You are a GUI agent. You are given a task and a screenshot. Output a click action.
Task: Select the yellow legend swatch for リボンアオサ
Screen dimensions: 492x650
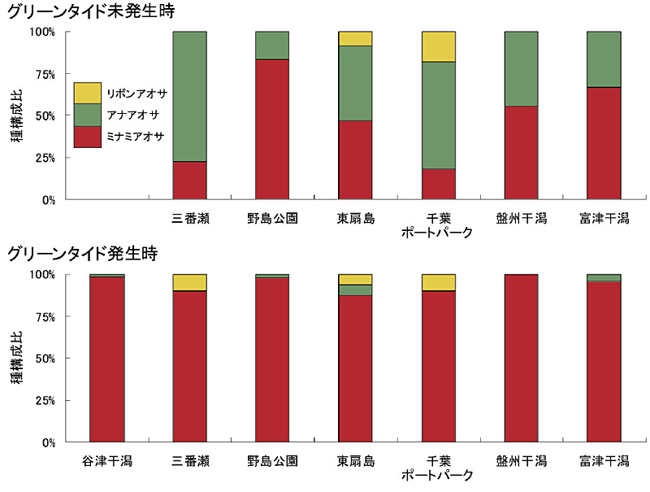pyautogui.click(x=87, y=93)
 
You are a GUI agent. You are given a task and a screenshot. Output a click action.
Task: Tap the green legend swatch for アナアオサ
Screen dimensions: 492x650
pyautogui.click(x=87, y=115)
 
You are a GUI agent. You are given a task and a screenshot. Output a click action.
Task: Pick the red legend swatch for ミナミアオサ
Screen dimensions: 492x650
pyautogui.click(x=87, y=137)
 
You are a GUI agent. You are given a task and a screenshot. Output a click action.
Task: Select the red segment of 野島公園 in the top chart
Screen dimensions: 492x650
pyautogui.click(x=272, y=129)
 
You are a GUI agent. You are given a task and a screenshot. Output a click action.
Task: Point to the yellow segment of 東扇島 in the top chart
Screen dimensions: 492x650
pyautogui.click(x=355, y=38)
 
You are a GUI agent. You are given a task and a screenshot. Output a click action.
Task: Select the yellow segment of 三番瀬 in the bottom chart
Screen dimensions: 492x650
pyautogui.click(x=190, y=282)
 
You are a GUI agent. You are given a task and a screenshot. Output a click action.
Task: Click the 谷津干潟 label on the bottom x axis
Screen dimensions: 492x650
pyautogui.click(x=107, y=461)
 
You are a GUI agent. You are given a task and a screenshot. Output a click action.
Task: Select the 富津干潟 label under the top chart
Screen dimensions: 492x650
pyautogui.click(x=604, y=218)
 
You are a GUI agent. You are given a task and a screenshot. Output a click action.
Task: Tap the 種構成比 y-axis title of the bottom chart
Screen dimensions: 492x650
pyautogui.click(x=15, y=359)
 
